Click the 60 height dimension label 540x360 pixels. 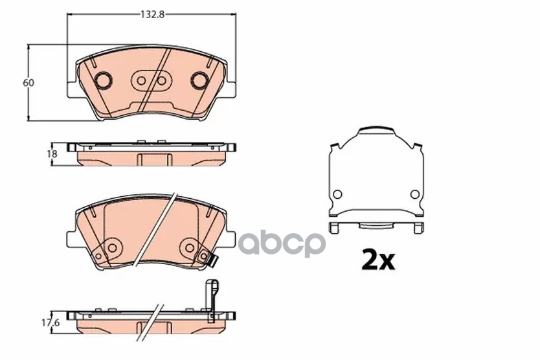pyautogui.click(x=28, y=83)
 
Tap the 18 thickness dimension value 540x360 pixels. pyautogui.click(x=52, y=153)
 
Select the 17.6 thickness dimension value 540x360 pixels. pyautogui.click(x=51, y=323)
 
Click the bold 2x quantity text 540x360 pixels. pyautogui.click(x=377, y=260)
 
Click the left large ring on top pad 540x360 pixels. pyautogui.click(x=103, y=80)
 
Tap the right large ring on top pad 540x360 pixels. pyautogui.click(x=199, y=80)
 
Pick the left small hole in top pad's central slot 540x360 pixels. pyautogui.click(x=141, y=81)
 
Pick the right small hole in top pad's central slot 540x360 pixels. pyautogui.click(x=161, y=81)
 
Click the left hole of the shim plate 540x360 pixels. pyautogui.click(x=337, y=194)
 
